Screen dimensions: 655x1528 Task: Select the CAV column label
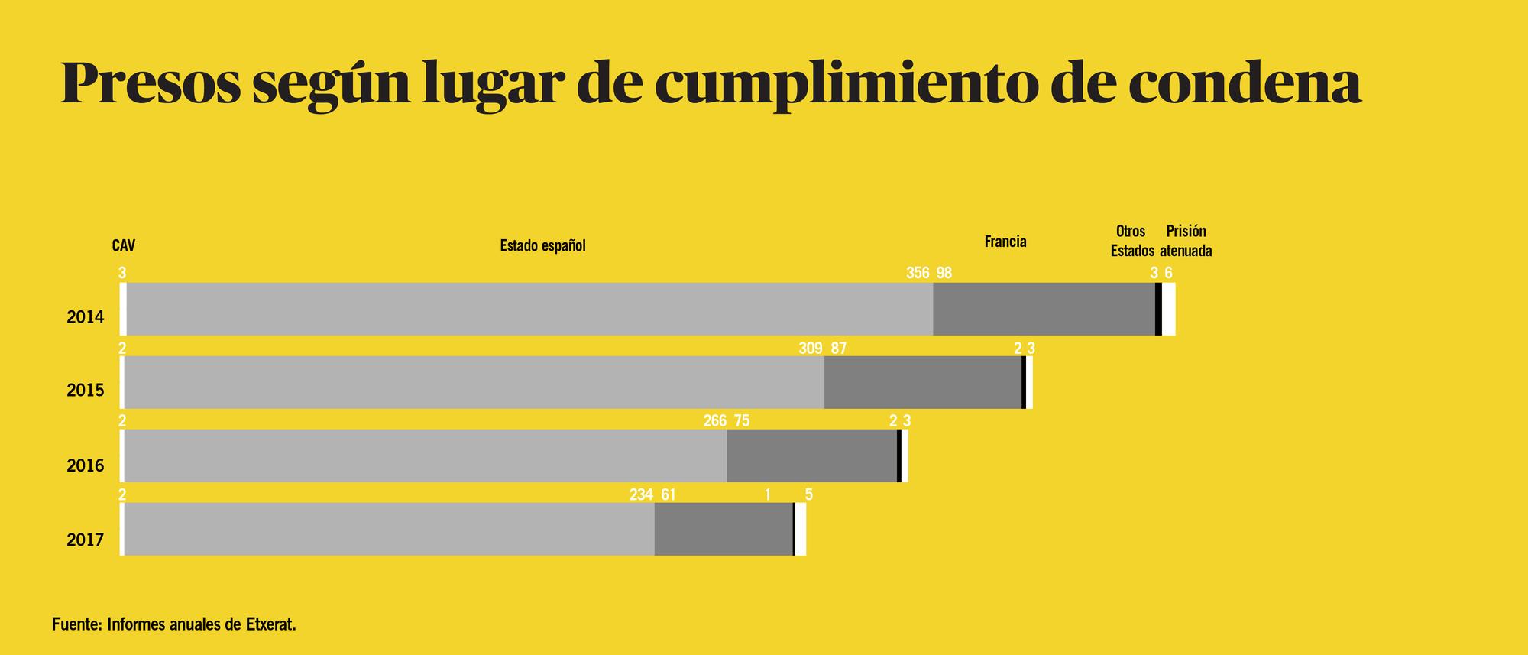pos(123,246)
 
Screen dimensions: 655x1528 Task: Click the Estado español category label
pos(542,246)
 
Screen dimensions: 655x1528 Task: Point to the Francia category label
pos(1005,242)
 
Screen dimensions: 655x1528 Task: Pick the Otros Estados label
pos(1131,241)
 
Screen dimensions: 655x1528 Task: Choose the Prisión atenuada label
pos(1186,241)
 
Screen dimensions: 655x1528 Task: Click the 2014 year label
pos(85,317)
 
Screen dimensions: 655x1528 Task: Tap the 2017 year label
pos(85,540)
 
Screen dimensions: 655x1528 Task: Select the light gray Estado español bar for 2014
pos(527,309)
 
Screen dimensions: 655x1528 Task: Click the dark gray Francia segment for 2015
pos(922,382)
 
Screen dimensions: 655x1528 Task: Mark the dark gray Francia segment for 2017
pos(723,529)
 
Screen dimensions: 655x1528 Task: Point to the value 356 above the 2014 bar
pos(918,273)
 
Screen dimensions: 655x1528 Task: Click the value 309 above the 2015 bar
pos(810,349)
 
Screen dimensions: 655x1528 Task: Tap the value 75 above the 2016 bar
pos(741,421)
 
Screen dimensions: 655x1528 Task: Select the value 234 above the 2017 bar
pos(641,494)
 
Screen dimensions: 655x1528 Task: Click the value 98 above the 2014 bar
pos(944,273)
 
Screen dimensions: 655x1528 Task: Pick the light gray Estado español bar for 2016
pos(425,456)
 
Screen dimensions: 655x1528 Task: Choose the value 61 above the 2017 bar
pos(668,494)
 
